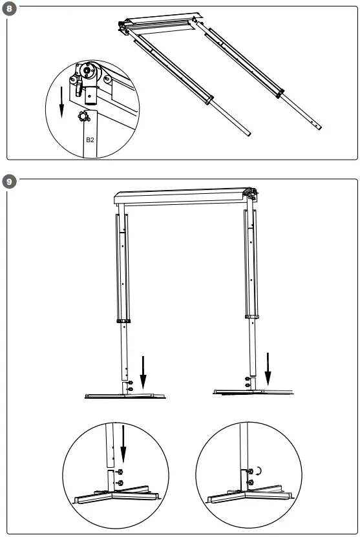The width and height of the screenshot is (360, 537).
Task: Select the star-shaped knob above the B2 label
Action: click(82, 116)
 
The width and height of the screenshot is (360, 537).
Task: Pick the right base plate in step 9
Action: click(252, 390)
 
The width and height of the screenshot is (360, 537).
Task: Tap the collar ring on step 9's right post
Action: click(253, 317)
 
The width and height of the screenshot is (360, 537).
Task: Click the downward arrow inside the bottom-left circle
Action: click(122, 445)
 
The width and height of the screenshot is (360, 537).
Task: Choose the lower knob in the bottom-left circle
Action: click(120, 483)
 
